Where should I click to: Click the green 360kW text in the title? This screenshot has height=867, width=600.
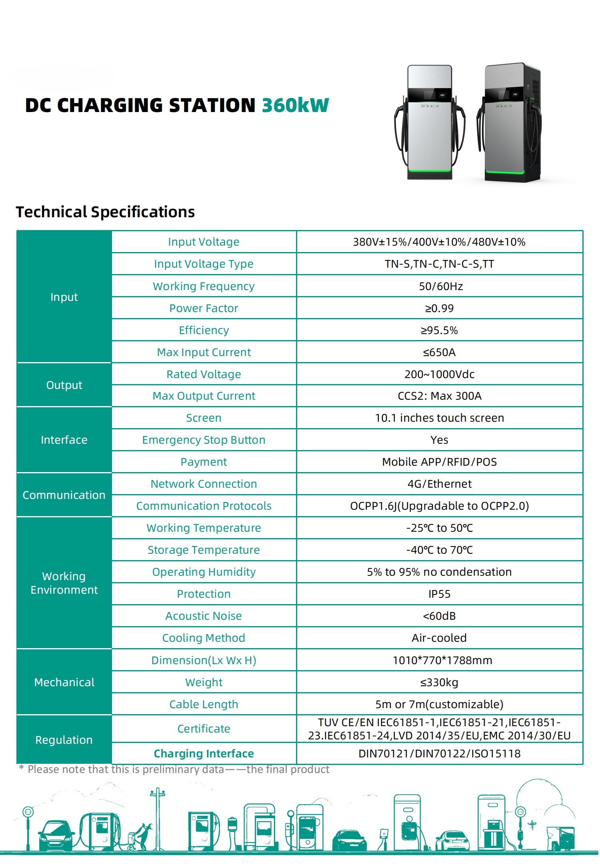click(x=295, y=106)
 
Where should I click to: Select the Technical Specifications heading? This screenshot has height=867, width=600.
click(x=105, y=212)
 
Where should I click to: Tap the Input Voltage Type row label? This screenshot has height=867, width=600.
click(x=204, y=264)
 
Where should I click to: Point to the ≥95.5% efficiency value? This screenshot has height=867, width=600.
click(x=439, y=330)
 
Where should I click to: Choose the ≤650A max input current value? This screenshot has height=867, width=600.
click(x=439, y=352)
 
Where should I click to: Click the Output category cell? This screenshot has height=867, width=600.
click(x=64, y=385)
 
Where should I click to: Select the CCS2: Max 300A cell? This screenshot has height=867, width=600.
click(x=439, y=396)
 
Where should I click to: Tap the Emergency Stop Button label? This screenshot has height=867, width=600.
click(x=204, y=440)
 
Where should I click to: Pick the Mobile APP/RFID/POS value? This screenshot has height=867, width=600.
click(x=439, y=462)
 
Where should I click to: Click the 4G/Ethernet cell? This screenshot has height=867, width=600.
click(x=439, y=484)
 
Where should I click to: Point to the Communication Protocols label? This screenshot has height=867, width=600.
click(x=204, y=506)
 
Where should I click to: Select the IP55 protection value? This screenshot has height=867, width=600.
click(x=439, y=594)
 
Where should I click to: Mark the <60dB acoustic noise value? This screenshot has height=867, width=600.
click(x=439, y=616)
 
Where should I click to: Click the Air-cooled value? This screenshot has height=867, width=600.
click(x=439, y=638)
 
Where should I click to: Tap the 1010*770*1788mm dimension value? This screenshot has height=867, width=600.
click(x=442, y=661)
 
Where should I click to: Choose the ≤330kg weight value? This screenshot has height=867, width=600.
click(x=439, y=683)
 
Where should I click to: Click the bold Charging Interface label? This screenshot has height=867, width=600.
click(x=204, y=754)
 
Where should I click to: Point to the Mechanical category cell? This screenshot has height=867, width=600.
click(x=64, y=683)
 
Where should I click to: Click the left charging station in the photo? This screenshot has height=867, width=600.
click(x=430, y=124)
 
